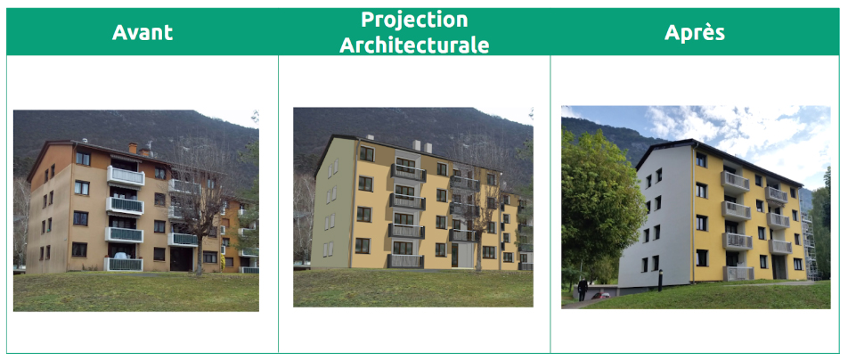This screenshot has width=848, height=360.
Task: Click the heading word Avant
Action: tap(143, 32)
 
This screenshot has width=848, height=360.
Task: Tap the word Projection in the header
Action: tap(414, 20)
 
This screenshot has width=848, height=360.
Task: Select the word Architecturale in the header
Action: tap(414, 45)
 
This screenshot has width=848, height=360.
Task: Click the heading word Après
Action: tap(695, 32)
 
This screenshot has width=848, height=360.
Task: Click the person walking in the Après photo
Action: tap(582, 289)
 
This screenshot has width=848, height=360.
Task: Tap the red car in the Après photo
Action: tap(598, 296)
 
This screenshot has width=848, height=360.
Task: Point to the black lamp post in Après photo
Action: tap(660, 280)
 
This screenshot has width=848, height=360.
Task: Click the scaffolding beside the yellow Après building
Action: tap(808, 247)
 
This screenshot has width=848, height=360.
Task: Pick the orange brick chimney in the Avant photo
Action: tap(133, 148)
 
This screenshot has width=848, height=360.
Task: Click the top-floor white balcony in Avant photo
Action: tap(126, 176)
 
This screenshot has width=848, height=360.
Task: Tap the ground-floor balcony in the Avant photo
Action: tap(123, 264)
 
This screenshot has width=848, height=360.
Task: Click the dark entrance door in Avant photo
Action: tap(181, 258)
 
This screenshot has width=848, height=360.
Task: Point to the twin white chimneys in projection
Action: tap(422, 146)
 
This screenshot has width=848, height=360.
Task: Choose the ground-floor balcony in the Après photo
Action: tap(738, 274)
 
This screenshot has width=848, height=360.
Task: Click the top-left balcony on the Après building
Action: tap(735, 182)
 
